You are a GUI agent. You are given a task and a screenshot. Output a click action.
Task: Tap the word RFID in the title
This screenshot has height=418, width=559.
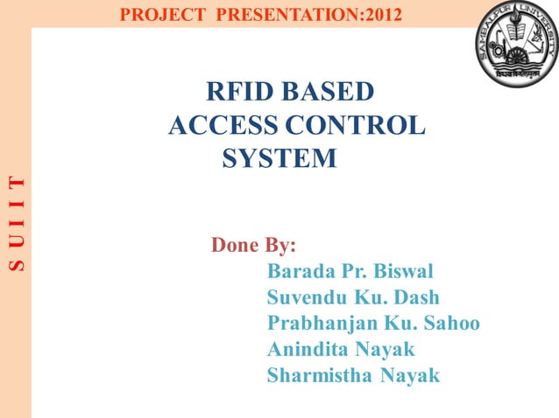[x=235, y=91]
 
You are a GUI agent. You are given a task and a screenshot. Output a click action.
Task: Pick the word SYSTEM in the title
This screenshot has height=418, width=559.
[x=279, y=159]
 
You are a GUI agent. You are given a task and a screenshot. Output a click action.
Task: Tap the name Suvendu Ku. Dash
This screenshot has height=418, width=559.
[x=353, y=296]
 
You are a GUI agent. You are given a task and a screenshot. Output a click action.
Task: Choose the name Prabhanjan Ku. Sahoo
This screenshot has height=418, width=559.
[x=373, y=324]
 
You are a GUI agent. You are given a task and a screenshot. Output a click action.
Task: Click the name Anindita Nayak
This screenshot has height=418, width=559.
[x=341, y=350]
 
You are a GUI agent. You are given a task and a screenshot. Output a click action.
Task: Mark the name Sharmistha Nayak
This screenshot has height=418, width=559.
[x=353, y=377]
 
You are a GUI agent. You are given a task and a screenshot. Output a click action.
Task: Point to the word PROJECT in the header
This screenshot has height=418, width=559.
[x=156, y=14]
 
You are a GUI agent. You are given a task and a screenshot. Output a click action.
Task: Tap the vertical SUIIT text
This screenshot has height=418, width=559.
[x=16, y=222]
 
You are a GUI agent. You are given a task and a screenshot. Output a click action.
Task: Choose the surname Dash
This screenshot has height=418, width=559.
[x=416, y=296]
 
